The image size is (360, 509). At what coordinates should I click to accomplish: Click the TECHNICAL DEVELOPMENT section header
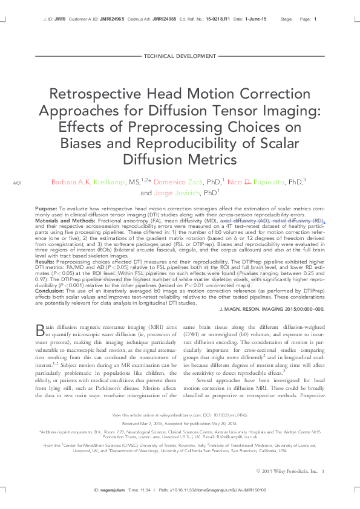tap(179, 56)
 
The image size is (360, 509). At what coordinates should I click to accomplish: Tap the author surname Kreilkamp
tap(107, 182)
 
